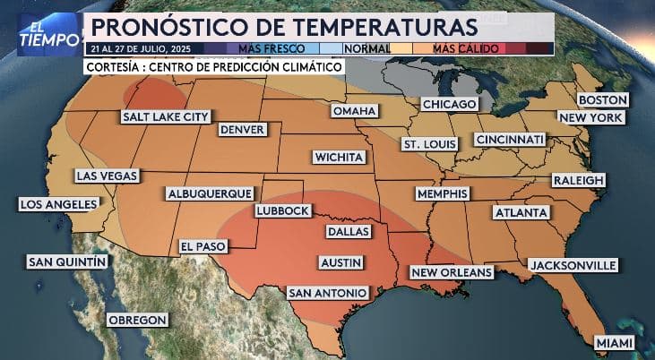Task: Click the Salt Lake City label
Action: pyautogui.click(x=167, y=117)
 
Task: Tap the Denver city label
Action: pyautogui.click(x=242, y=130)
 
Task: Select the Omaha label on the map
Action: pyautogui.click(x=354, y=111)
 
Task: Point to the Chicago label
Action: pyautogui.click(x=448, y=105)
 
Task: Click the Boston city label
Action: pyautogui.click(x=602, y=100)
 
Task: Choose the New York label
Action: pyautogui.click(x=590, y=118)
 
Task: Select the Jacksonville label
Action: pyautogui.click(x=573, y=265)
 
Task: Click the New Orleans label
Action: pyautogui.click(x=452, y=272)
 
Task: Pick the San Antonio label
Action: pyautogui.click(x=327, y=293)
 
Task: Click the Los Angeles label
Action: pyautogui.click(x=58, y=205)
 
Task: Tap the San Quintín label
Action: pyautogui.click(x=67, y=261)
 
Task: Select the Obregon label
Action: pyautogui.click(x=137, y=320)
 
